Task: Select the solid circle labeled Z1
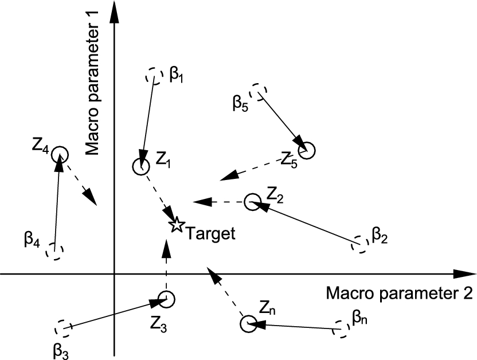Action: coord(140,166)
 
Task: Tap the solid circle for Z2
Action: coord(252,202)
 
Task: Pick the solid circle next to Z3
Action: coord(167,299)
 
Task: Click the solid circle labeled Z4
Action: coord(59,155)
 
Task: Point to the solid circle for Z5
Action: coord(307,150)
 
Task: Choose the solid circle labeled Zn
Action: coord(248,324)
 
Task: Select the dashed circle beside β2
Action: coord(359,244)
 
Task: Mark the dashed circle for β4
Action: coord(54,251)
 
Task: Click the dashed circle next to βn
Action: coord(341,329)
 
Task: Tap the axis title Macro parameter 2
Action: coord(399,294)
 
